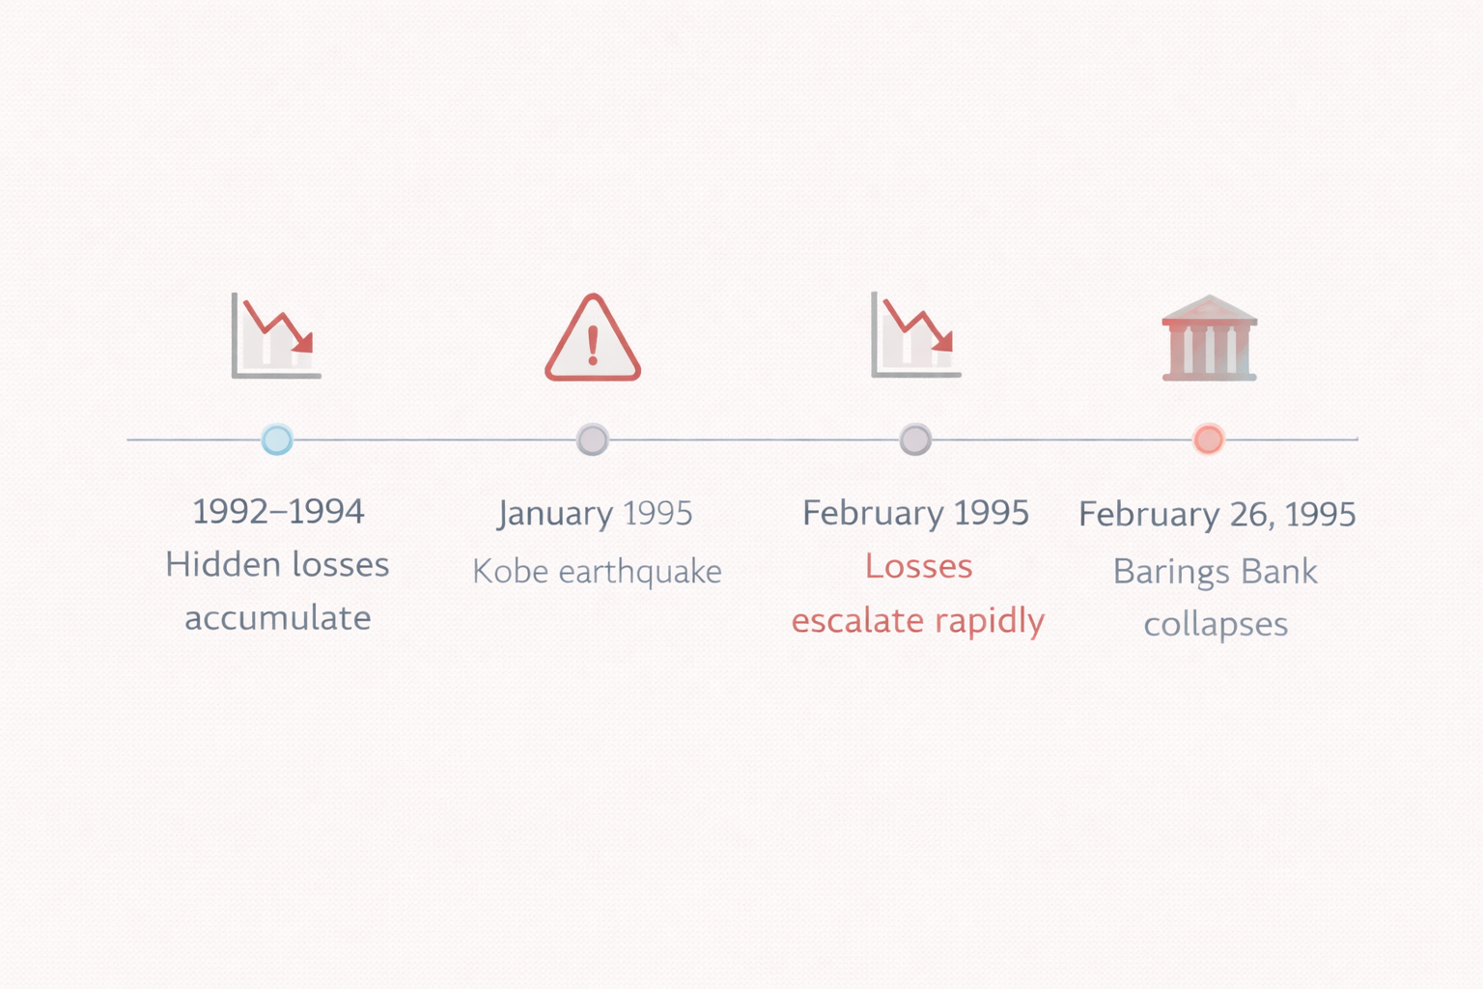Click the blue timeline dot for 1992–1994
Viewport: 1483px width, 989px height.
coord(277,439)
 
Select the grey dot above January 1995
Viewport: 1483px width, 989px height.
coord(593,439)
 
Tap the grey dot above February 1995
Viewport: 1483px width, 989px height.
coord(915,439)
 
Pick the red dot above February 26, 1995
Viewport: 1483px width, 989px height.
coord(1208,439)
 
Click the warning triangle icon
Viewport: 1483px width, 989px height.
coord(593,339)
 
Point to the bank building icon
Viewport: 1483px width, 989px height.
coord(1209,338)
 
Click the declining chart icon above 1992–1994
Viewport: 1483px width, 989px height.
coord(276,335)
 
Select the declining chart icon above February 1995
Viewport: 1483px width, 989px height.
coord(915,335)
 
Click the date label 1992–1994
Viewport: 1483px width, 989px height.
coord(278,511)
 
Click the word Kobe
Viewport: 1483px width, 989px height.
coord(511,572)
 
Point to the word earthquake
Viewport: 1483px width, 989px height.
coord(640,572)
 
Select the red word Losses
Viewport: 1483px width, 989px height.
coord(918,566)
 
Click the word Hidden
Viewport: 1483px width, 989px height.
coord(221,564)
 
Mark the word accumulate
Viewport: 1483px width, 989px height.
coord(278,618)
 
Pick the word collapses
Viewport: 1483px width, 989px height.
coord(1216,625)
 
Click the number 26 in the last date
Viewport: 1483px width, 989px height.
coord(1251,514)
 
